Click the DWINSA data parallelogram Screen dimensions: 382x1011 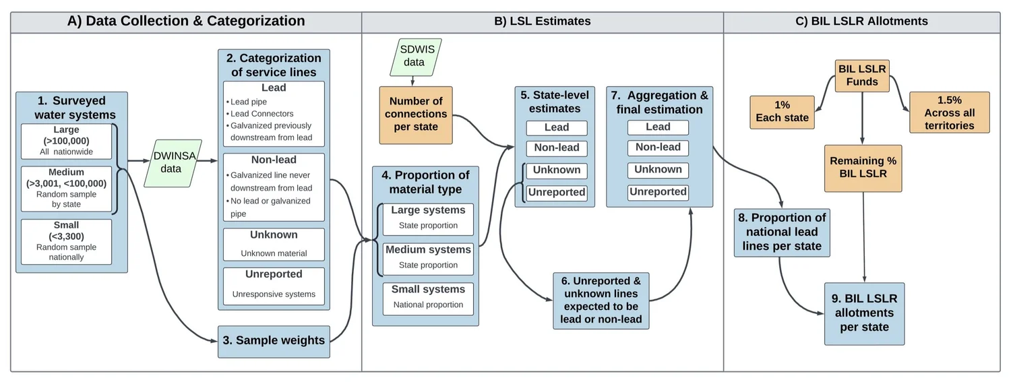[x=171, y=163]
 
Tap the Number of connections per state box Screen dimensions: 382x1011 [x=415, y=114]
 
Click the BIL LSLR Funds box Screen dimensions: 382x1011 [x=862, y=75]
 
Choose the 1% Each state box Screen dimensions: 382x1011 [x=782, y=111]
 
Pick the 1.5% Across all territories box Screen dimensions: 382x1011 [x=949, y=112]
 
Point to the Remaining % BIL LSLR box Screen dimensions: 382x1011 [x=863, y=167]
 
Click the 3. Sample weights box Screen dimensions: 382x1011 [x=274, y=341]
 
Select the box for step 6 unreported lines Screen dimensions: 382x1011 [x=601, y=300]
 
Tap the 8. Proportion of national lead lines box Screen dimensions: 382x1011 [x=782, y=232]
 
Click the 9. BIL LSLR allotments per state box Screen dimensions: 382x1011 [x=864, y=313]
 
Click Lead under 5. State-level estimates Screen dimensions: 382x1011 [x=556, y=128]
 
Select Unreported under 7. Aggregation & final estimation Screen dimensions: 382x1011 [x=658, y=192]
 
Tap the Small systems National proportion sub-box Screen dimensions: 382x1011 [x=428, y=297]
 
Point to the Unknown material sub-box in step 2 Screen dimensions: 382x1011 [x=274, y=244]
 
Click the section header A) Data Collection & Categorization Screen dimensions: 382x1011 [x=186, y=22]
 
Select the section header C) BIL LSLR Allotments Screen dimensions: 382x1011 [x=861, y=22]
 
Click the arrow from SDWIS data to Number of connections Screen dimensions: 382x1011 [x=412, y=81]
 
